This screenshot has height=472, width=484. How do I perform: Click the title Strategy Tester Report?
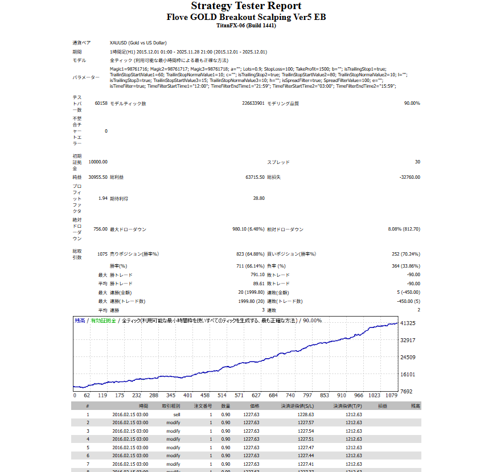[246, 6]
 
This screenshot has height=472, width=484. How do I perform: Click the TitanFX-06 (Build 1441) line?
[246, 26]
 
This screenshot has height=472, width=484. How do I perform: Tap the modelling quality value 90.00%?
[412, 103]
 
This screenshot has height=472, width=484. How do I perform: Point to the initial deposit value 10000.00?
[98, 162]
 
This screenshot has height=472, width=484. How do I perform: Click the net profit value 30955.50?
[98, 177]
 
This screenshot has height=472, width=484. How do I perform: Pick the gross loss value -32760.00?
[410, 177]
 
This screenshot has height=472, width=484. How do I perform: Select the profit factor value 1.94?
[102, 198]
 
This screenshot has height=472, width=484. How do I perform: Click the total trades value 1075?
[101, 254]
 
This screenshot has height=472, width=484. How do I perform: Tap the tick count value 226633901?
[253, 103]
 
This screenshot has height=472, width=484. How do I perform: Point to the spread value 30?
[417, 162]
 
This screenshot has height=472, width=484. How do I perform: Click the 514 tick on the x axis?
[222, 395]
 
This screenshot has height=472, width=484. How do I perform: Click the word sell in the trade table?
[177, 414]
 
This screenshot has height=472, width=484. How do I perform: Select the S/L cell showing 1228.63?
[306, 414]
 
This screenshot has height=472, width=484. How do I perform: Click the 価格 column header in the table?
[254, 406]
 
